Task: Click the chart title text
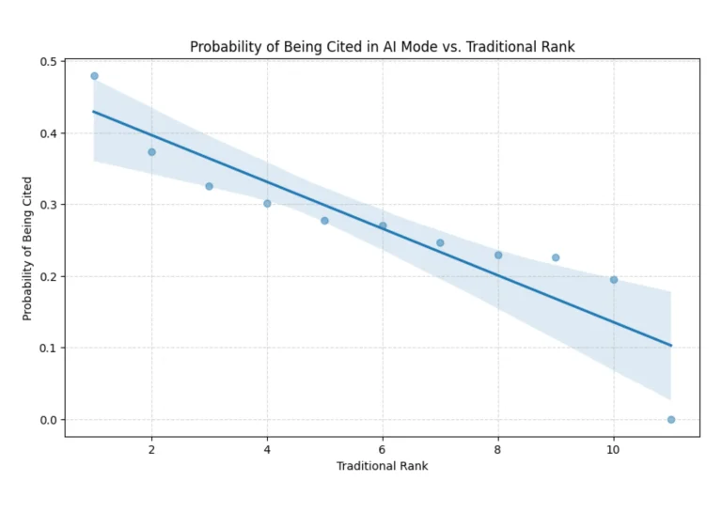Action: click(x=382, y=46)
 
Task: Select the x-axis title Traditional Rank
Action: click(x=382, y=466)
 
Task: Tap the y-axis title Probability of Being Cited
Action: click(x=28, y=248)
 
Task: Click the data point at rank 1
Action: click(x=94, y=76)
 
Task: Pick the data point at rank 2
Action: click(x=151, y=152)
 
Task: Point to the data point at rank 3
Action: click(x=210, y=186)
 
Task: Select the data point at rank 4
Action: click(x=267, y=204)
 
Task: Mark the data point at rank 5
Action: click(x=324, y=221)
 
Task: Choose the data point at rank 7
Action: click(x=440, y=243)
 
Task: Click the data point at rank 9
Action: click(x=556, y=257)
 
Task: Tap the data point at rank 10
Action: click(x=614, y=280)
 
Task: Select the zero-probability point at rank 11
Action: click(x=671, y=420)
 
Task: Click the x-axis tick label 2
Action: click(x=151, y=448)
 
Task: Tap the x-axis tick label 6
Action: click(x=383, y=448)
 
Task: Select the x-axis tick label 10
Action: click(x=614, y=448)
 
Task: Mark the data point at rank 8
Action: click(x=498, y=256)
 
